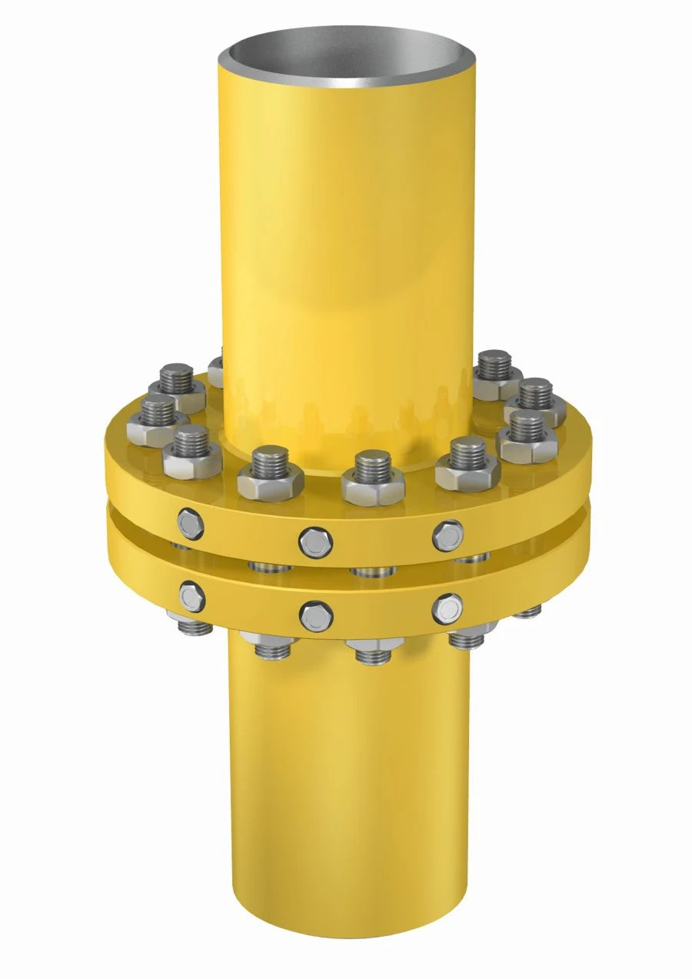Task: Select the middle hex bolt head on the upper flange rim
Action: pos(315,542)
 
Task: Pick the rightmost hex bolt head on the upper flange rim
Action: pos(447,535)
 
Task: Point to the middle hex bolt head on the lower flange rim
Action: pos(315,616)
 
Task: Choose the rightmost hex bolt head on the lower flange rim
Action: pos(447,609)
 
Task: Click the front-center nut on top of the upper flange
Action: pos(373,485)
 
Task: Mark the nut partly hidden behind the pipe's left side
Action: pos(216,368)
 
